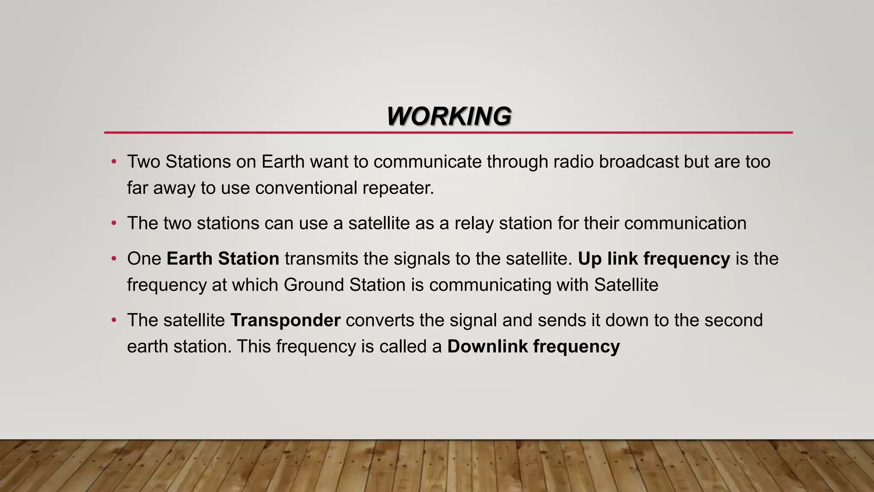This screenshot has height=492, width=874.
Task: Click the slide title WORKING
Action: pos(449,116)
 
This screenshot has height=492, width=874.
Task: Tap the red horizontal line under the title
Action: pos(448,133)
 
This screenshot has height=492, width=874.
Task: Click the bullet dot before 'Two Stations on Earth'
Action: pos(114,162)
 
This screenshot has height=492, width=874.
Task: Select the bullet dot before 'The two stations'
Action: pos(114,223)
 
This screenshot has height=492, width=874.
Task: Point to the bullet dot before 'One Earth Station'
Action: pos(114,259)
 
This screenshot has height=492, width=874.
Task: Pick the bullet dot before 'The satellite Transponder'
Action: pos(114,320)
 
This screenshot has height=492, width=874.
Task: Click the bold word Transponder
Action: pos(285,320)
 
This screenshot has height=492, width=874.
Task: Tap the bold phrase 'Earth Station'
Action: pos(223,259)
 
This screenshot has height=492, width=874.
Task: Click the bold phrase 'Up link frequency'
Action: pos(654,259)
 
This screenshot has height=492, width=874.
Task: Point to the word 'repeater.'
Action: pos(398,188)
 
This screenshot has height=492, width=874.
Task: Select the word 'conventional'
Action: pos(306,188)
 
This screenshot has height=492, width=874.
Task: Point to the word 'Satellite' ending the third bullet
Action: pos(626,285)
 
